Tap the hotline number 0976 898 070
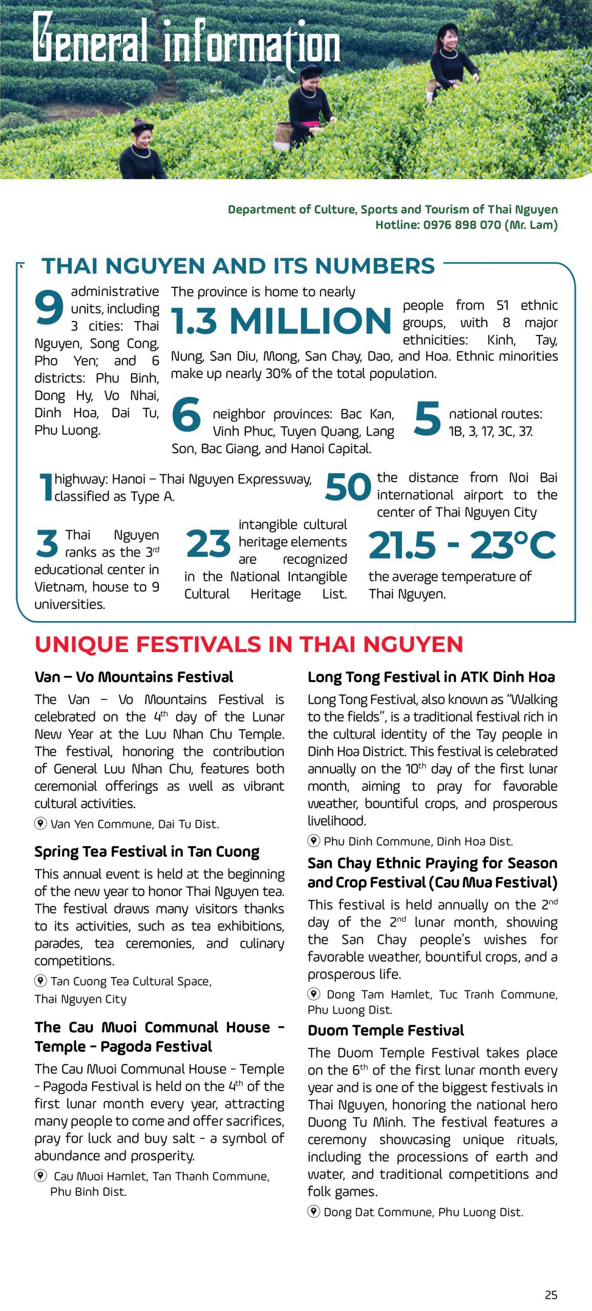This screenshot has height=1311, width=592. pos(461,225)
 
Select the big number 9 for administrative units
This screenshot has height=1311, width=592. pos(49,307)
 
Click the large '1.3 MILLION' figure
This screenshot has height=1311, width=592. pos(281,321)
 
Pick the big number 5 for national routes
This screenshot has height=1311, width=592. pos(427,418)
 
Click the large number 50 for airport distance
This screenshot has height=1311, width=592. pos(348,487)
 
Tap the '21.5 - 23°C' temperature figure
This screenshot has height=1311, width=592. pos(462,545)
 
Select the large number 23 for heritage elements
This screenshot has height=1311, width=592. pos(208,544)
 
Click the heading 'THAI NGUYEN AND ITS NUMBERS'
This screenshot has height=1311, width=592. pos(238,266)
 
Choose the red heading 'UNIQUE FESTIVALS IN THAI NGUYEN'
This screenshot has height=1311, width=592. pos(249,644)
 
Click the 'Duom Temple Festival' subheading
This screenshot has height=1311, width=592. pos(386,1030)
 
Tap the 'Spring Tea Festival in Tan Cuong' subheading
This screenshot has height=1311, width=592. pos(147,852)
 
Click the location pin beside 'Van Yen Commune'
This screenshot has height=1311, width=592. pos(40,823)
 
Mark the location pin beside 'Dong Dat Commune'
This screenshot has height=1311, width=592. pos(313,1212)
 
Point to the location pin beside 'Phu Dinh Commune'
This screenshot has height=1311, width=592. pos(313,840)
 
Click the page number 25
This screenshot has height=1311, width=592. pos(551,1295)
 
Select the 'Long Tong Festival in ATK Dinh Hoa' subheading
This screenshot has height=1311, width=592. pos(431,677)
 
